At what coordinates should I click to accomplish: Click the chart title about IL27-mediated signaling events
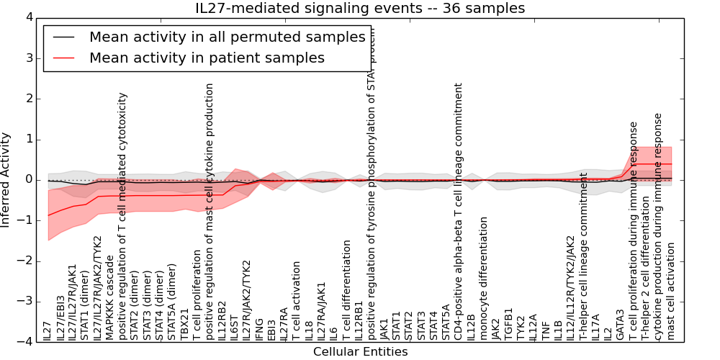(x=360, y=9)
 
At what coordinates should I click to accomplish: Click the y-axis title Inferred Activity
(x=6, y=179)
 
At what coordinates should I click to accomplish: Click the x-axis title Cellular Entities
(x=360, y=352)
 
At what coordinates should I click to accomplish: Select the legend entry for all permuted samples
(x=227, y=37)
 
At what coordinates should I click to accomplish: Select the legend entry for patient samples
(x=207, y=58)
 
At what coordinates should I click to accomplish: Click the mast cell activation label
(x=671, y=291)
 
